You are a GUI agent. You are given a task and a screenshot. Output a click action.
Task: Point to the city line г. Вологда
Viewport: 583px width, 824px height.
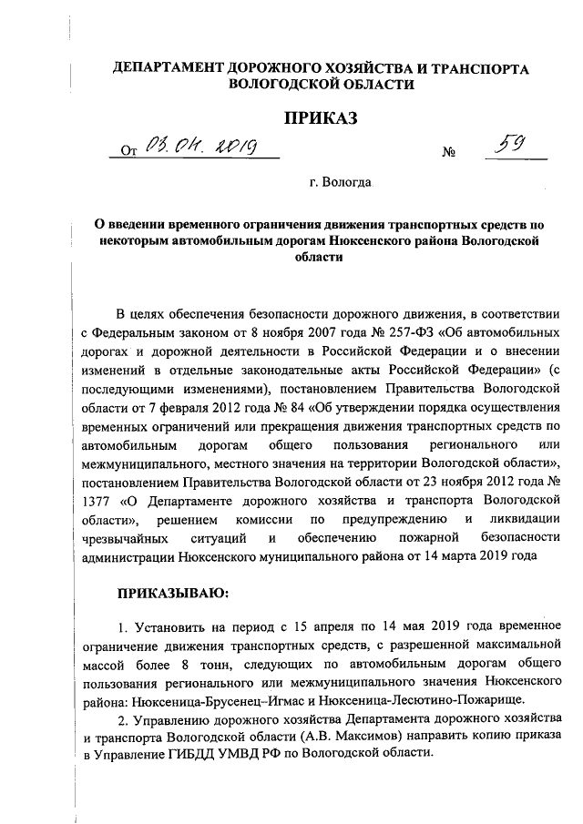point(340,183)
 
